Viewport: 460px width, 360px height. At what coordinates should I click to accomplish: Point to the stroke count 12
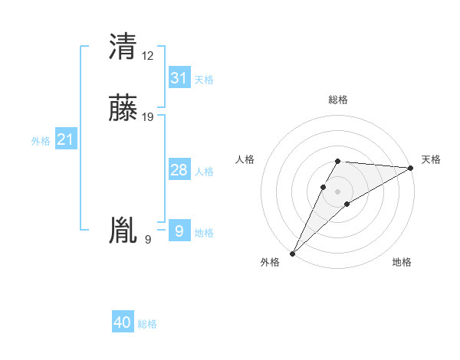point(148,55)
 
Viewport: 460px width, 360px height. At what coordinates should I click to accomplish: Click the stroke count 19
point(148,117)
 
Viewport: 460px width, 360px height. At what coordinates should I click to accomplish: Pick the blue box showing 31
point(179,78)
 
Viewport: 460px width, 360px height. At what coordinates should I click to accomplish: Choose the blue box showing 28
point(179,170)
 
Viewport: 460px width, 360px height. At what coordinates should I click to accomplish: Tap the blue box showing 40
point(123,322)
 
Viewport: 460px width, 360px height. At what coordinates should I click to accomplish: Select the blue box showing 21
point(66,139)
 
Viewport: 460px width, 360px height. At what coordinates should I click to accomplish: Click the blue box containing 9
point(179,231)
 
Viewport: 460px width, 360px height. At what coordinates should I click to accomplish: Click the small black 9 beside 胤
point(148,240)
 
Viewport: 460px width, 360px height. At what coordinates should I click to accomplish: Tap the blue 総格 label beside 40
point(147,324)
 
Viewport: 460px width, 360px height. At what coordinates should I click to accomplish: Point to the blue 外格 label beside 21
point(41,141)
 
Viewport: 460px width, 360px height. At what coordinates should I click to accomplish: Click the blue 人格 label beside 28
point(204,172)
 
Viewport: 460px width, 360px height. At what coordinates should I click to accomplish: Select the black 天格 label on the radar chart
point(431,159)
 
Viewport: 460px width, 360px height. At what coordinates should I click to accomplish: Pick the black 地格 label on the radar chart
point(402,262)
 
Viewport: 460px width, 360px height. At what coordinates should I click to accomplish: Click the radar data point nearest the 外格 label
point(292,253)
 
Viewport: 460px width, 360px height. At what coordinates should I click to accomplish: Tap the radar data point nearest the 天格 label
point(411,168)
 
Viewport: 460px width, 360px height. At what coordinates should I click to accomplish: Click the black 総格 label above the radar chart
point(337,100)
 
